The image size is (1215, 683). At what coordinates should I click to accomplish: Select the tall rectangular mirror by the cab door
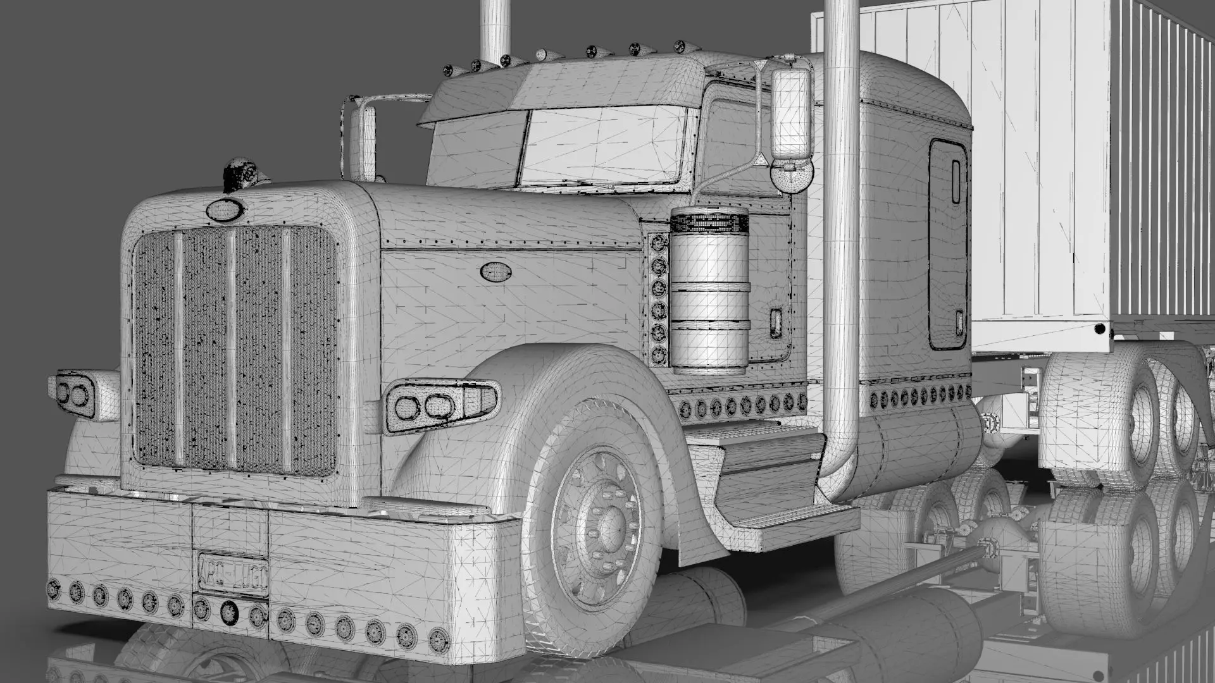(790, 114)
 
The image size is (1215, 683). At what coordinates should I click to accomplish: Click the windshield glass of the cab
(604, 147)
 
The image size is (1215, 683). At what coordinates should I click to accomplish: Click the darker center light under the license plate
(229, 610)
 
